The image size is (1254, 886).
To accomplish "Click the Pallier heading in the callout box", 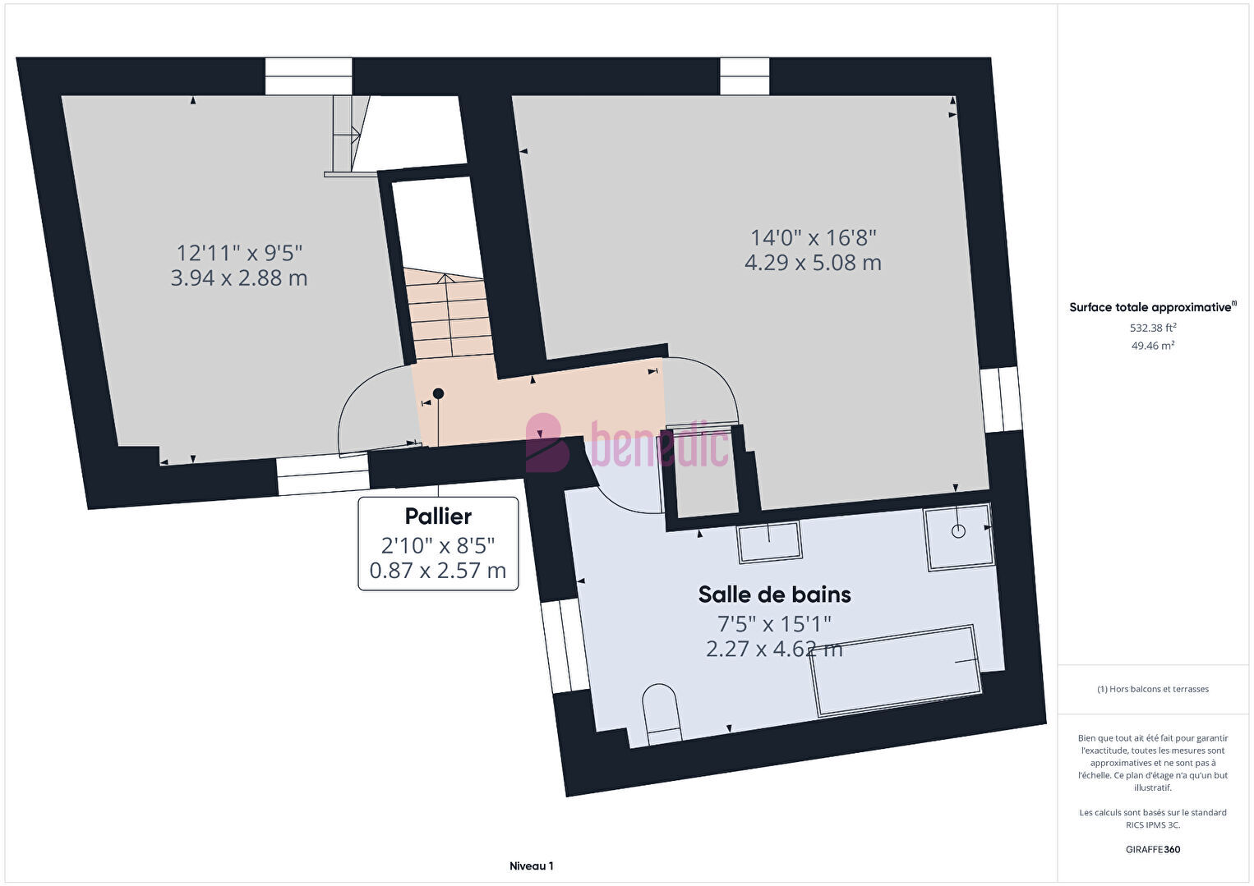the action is tap(438, 516).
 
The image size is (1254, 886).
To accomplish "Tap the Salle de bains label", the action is tap(774, 594).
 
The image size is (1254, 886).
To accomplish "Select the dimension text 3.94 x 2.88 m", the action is tap(239, 278).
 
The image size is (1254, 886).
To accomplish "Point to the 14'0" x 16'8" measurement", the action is tap(813, 238).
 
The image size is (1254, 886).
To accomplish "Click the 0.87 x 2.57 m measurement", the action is tap(438, 571).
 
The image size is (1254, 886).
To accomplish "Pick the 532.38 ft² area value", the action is tap(1153, 328).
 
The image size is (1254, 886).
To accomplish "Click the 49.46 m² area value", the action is tap(1153, 346).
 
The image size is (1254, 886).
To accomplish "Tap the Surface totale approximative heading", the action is tap(1153, 306).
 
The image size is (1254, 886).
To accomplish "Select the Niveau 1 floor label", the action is tap(532, 865).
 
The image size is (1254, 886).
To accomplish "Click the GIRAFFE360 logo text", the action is tap(1153, 849).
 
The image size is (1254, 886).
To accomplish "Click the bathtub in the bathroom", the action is tap(896, 671).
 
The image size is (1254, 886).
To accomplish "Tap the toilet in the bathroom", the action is tap(662, 714).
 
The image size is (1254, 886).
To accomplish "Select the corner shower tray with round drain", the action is tap(958, 537).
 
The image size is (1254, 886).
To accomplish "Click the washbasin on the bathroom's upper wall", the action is tap(770, 542).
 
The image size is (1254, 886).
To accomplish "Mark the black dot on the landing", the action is tap(438, 394).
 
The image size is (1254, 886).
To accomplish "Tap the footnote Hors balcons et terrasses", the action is tap(1153, 689).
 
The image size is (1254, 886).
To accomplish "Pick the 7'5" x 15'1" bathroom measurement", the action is tap(774, 623).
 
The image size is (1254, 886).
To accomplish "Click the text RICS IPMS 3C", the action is tap(1153, 824).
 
